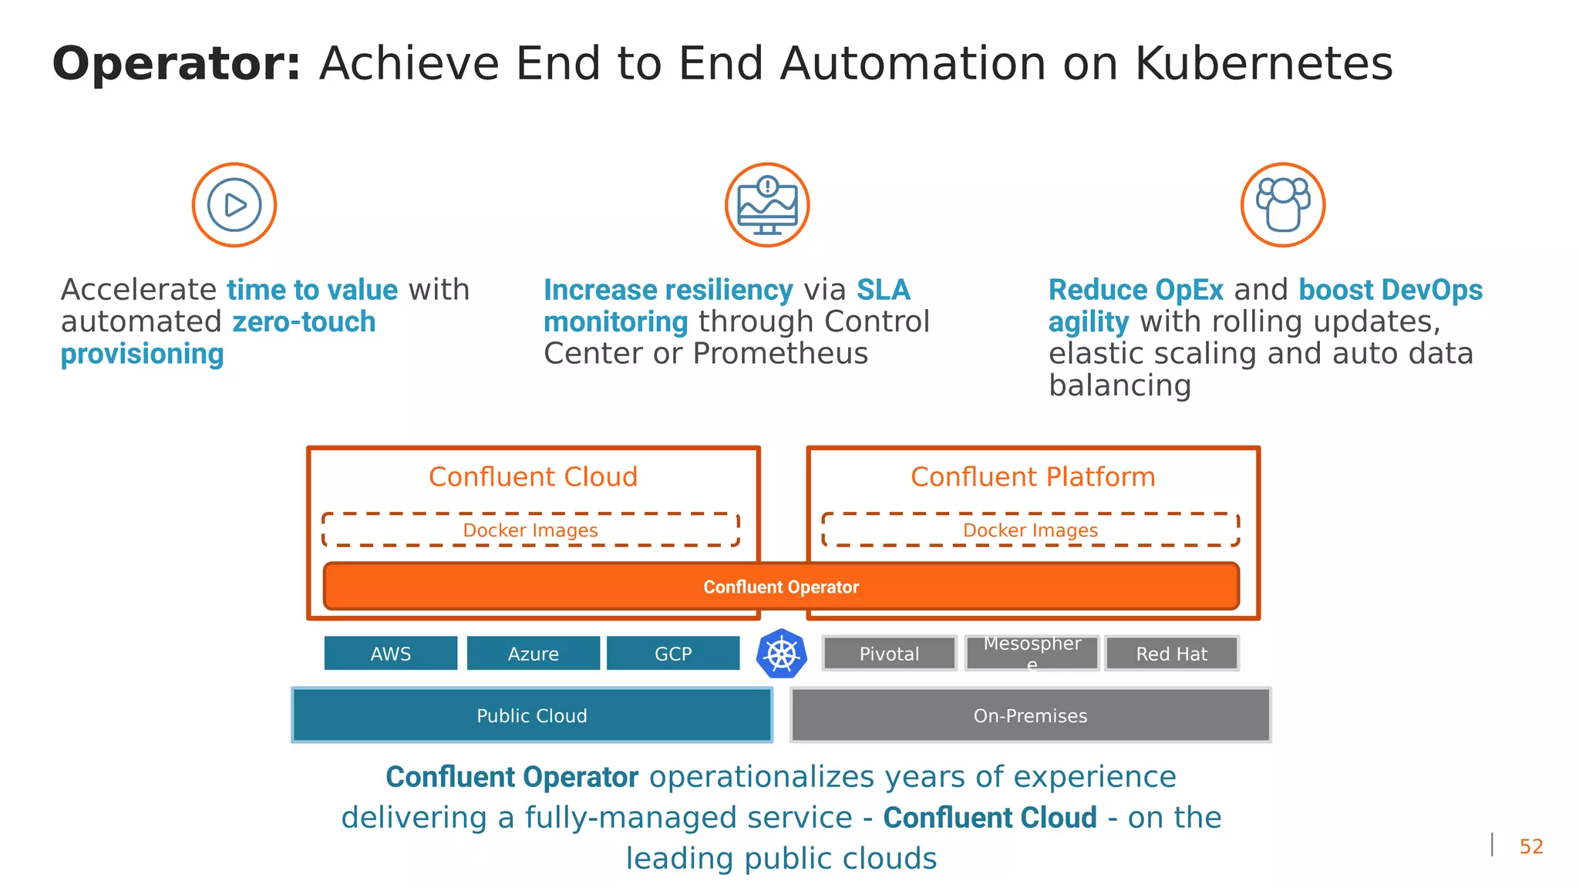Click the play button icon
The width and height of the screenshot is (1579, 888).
pyautogui.click(x=234, y=205)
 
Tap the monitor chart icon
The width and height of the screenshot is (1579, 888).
pyautogui.click(x=767, y=205)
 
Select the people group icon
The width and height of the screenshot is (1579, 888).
pyautogui.click(x=1283, y=205)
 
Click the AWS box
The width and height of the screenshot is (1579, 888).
pyautogui.click(x=391, y=654)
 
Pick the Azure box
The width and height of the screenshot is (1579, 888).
pyautogui.click(x=534, y=654)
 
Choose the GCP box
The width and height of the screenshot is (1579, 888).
pyautogui.click(x=673, y=654)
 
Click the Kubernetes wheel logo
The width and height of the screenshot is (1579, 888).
pyautogui.click(x=782, y=654)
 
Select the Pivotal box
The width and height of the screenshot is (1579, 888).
pyautogui.click(x=890, y=654)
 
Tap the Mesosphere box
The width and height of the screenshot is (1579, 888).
pyautogui.click(x=1032, y=653)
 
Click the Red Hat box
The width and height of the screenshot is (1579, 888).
pyautogui.click(x=1172, y=654)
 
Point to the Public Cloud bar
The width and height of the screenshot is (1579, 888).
pyautogui.click(x=532, y=715)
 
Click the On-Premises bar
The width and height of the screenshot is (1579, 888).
pyautogui.click(x=1031, y=715)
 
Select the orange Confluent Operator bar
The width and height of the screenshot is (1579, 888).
pyautogui.click(x=781, y=587)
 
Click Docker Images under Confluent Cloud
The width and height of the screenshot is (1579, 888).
pyautogui.click(x=530, y=530)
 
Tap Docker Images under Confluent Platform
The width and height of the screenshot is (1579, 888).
pyautogui.click(x=1031, y=530)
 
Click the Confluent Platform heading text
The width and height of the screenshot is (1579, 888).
pyautogui.click(x=1033, y=476)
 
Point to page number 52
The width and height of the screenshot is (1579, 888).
pyautogui.click(x=1531, y=846)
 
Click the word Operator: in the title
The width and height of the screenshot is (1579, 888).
pyautogui.click(x=177, y=63)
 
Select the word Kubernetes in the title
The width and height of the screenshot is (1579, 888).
pyautogui.click(x=1264, y=63)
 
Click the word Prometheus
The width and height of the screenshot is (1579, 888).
pyautogui.click(x=780, y=354)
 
